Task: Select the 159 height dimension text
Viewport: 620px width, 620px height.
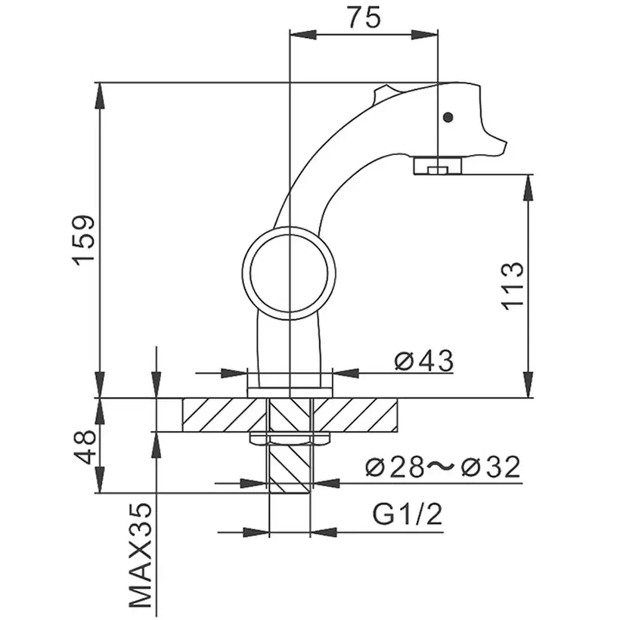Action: click(x=82, y=240)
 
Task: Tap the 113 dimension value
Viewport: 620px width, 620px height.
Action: click(x=513, y=286)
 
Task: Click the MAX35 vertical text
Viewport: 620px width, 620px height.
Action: click(x=141, y=556)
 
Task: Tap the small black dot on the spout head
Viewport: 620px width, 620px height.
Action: click(x=448, y=117)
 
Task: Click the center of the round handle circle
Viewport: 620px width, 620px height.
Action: click(x=289, y=268)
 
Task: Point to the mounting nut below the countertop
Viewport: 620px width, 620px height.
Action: click(x=289, y=438)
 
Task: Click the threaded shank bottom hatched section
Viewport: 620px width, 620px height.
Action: click(x=289, y=468)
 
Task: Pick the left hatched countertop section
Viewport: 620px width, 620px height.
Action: click(x=223, y=415)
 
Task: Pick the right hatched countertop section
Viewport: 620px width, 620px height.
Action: click(x=356, y=415)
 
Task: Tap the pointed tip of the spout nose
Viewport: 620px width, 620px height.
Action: click(x=505, y=149)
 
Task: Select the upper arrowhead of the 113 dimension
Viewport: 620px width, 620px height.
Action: click(x=528, y=182)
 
